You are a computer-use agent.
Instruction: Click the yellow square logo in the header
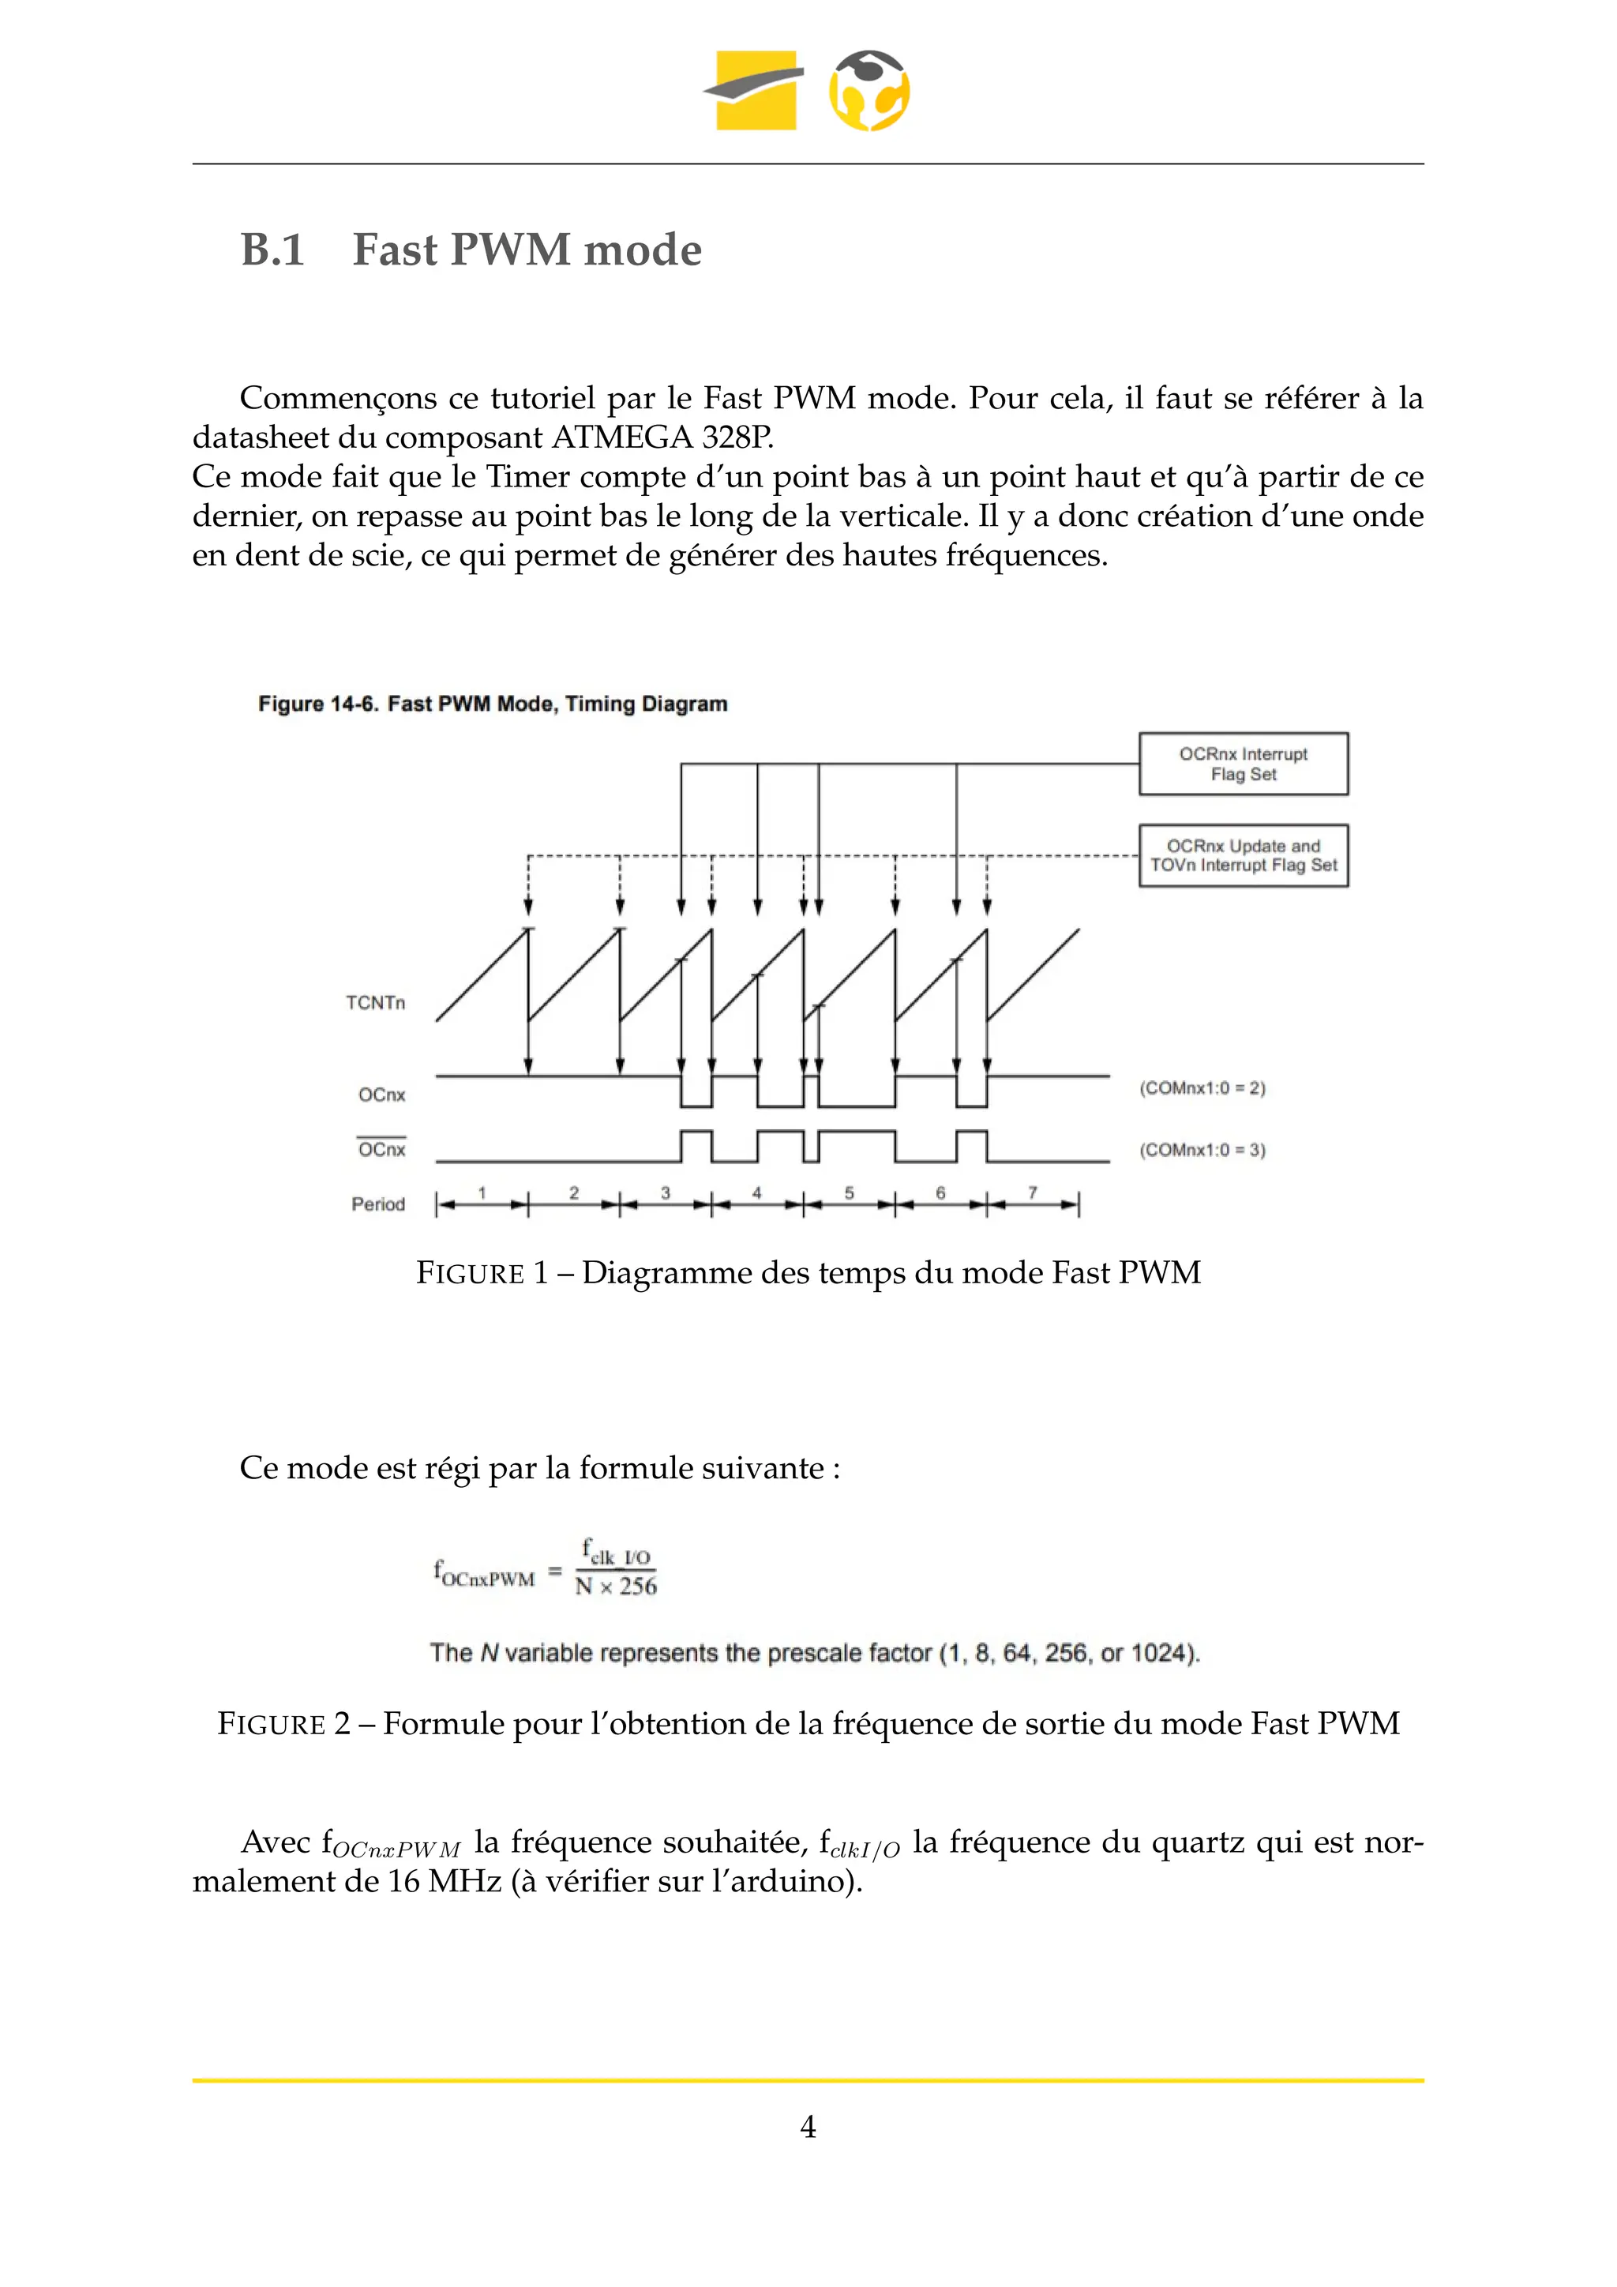pyautogui.click(x=756, y=91)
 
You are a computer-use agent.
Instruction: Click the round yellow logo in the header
pyautogui.click(x=869, y=91)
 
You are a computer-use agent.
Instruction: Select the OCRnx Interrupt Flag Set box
pyautogui.click(x=1243, y=764)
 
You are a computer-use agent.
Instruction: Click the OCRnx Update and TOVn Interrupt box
pyautogui.click(x=1243, y=855)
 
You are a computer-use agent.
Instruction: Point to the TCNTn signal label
pyautogui.click(x=375, y=1003)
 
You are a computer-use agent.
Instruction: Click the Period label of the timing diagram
pyautogui.click(x=377, y=1204)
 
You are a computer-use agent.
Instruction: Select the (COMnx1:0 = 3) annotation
pyautogui.click(x=1202, y=1150)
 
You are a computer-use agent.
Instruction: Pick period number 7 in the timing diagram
pyautogui.click(x=1033, y=1192)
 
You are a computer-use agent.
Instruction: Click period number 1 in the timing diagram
pyautogui.click(x=482, y=1192)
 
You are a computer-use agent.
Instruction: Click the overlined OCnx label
pyautogui.click(x=381, y=1150)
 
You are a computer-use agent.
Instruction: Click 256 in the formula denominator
pyautogui.click(x=638, y=1586)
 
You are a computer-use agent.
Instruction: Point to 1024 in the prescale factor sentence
pyautogui.click(x=1163, y=1654)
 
